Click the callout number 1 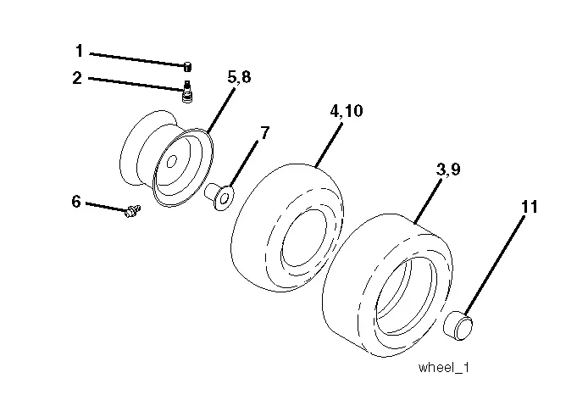[x=79, y=51]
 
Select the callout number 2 [x=77, y=78]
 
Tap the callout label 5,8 [x=239, y=77]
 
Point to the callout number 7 [x=264, y=133]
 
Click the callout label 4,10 [x=347, y=111]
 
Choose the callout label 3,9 [x=448, y=170]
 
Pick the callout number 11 [x=530, y=207]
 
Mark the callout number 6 [x=76, y=202]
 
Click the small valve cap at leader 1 [x=188, y=66]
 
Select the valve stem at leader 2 [x=186, y=92]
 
